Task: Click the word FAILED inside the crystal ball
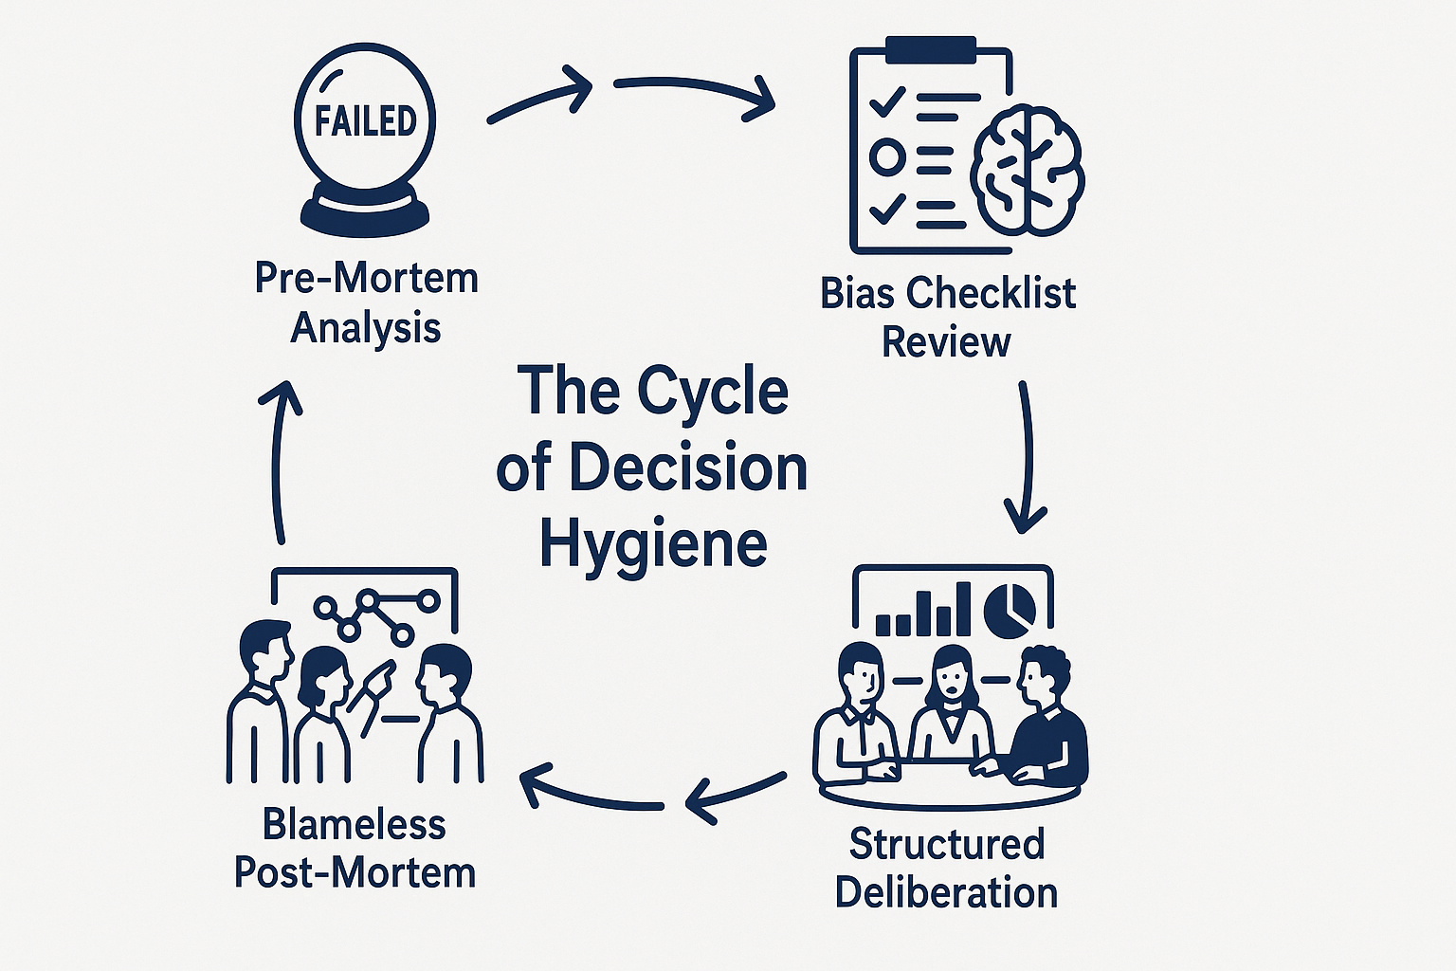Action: (366, 121)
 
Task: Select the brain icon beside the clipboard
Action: (1028, 171)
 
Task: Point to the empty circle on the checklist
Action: (887, 156)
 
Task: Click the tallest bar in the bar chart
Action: (963, 608)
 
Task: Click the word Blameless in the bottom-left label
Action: (354, 824)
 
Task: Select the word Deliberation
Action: (946, 892)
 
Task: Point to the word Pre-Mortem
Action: (366, 278)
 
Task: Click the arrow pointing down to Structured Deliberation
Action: (1026, 455)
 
